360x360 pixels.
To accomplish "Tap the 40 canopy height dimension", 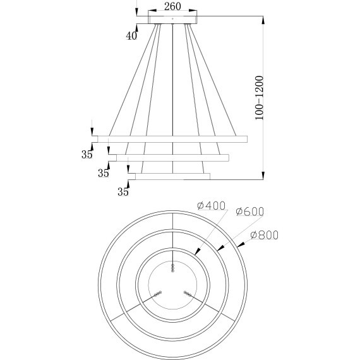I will point(131,36).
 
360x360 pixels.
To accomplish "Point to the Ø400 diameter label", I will point(212,206).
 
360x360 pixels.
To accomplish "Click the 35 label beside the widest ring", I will point(87,153).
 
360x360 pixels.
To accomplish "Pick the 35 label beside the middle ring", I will point(103,172).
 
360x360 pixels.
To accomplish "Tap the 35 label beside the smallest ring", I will point(123,188).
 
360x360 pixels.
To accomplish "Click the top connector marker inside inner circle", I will point(172,268).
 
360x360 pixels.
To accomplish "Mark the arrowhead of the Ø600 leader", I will point(219,250).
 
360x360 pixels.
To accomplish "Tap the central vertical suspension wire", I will point(172,95).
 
